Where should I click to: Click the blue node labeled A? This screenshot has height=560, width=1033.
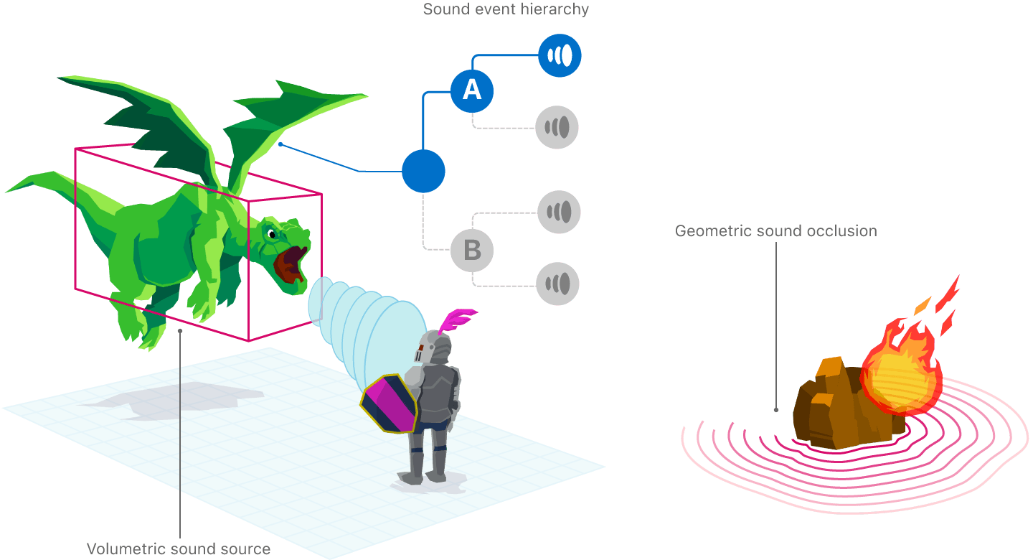[472, 90]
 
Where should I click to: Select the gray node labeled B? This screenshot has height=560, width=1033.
[472, 251]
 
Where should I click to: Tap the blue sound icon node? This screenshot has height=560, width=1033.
[560, 55]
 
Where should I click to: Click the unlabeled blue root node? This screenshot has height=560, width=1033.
[423, 171]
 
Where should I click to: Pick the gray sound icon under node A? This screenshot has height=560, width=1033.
[557, 128]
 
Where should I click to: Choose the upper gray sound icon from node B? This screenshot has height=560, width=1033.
[559, 212]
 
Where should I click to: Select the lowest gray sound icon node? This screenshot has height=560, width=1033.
[558, 284]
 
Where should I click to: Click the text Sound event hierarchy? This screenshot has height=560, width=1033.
[506, 9]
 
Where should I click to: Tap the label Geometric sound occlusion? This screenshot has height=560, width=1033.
[776, 231]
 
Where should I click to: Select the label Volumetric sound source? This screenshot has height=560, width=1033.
[179, 549]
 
